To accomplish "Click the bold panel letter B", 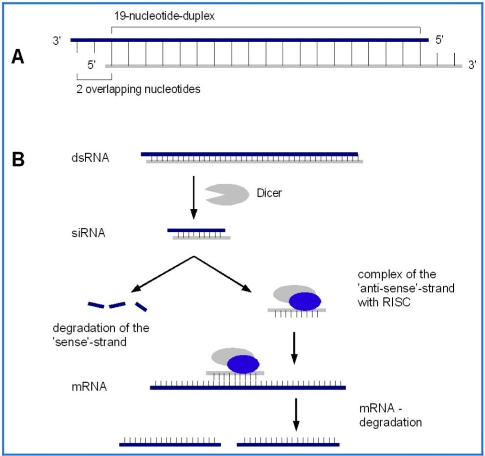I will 18,159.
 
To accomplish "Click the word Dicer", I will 269,193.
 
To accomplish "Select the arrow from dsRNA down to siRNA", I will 193,197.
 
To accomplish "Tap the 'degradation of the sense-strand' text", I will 101,334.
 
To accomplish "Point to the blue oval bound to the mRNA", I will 243,364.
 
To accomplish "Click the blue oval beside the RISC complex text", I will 305,301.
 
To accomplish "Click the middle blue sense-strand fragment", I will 117,305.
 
